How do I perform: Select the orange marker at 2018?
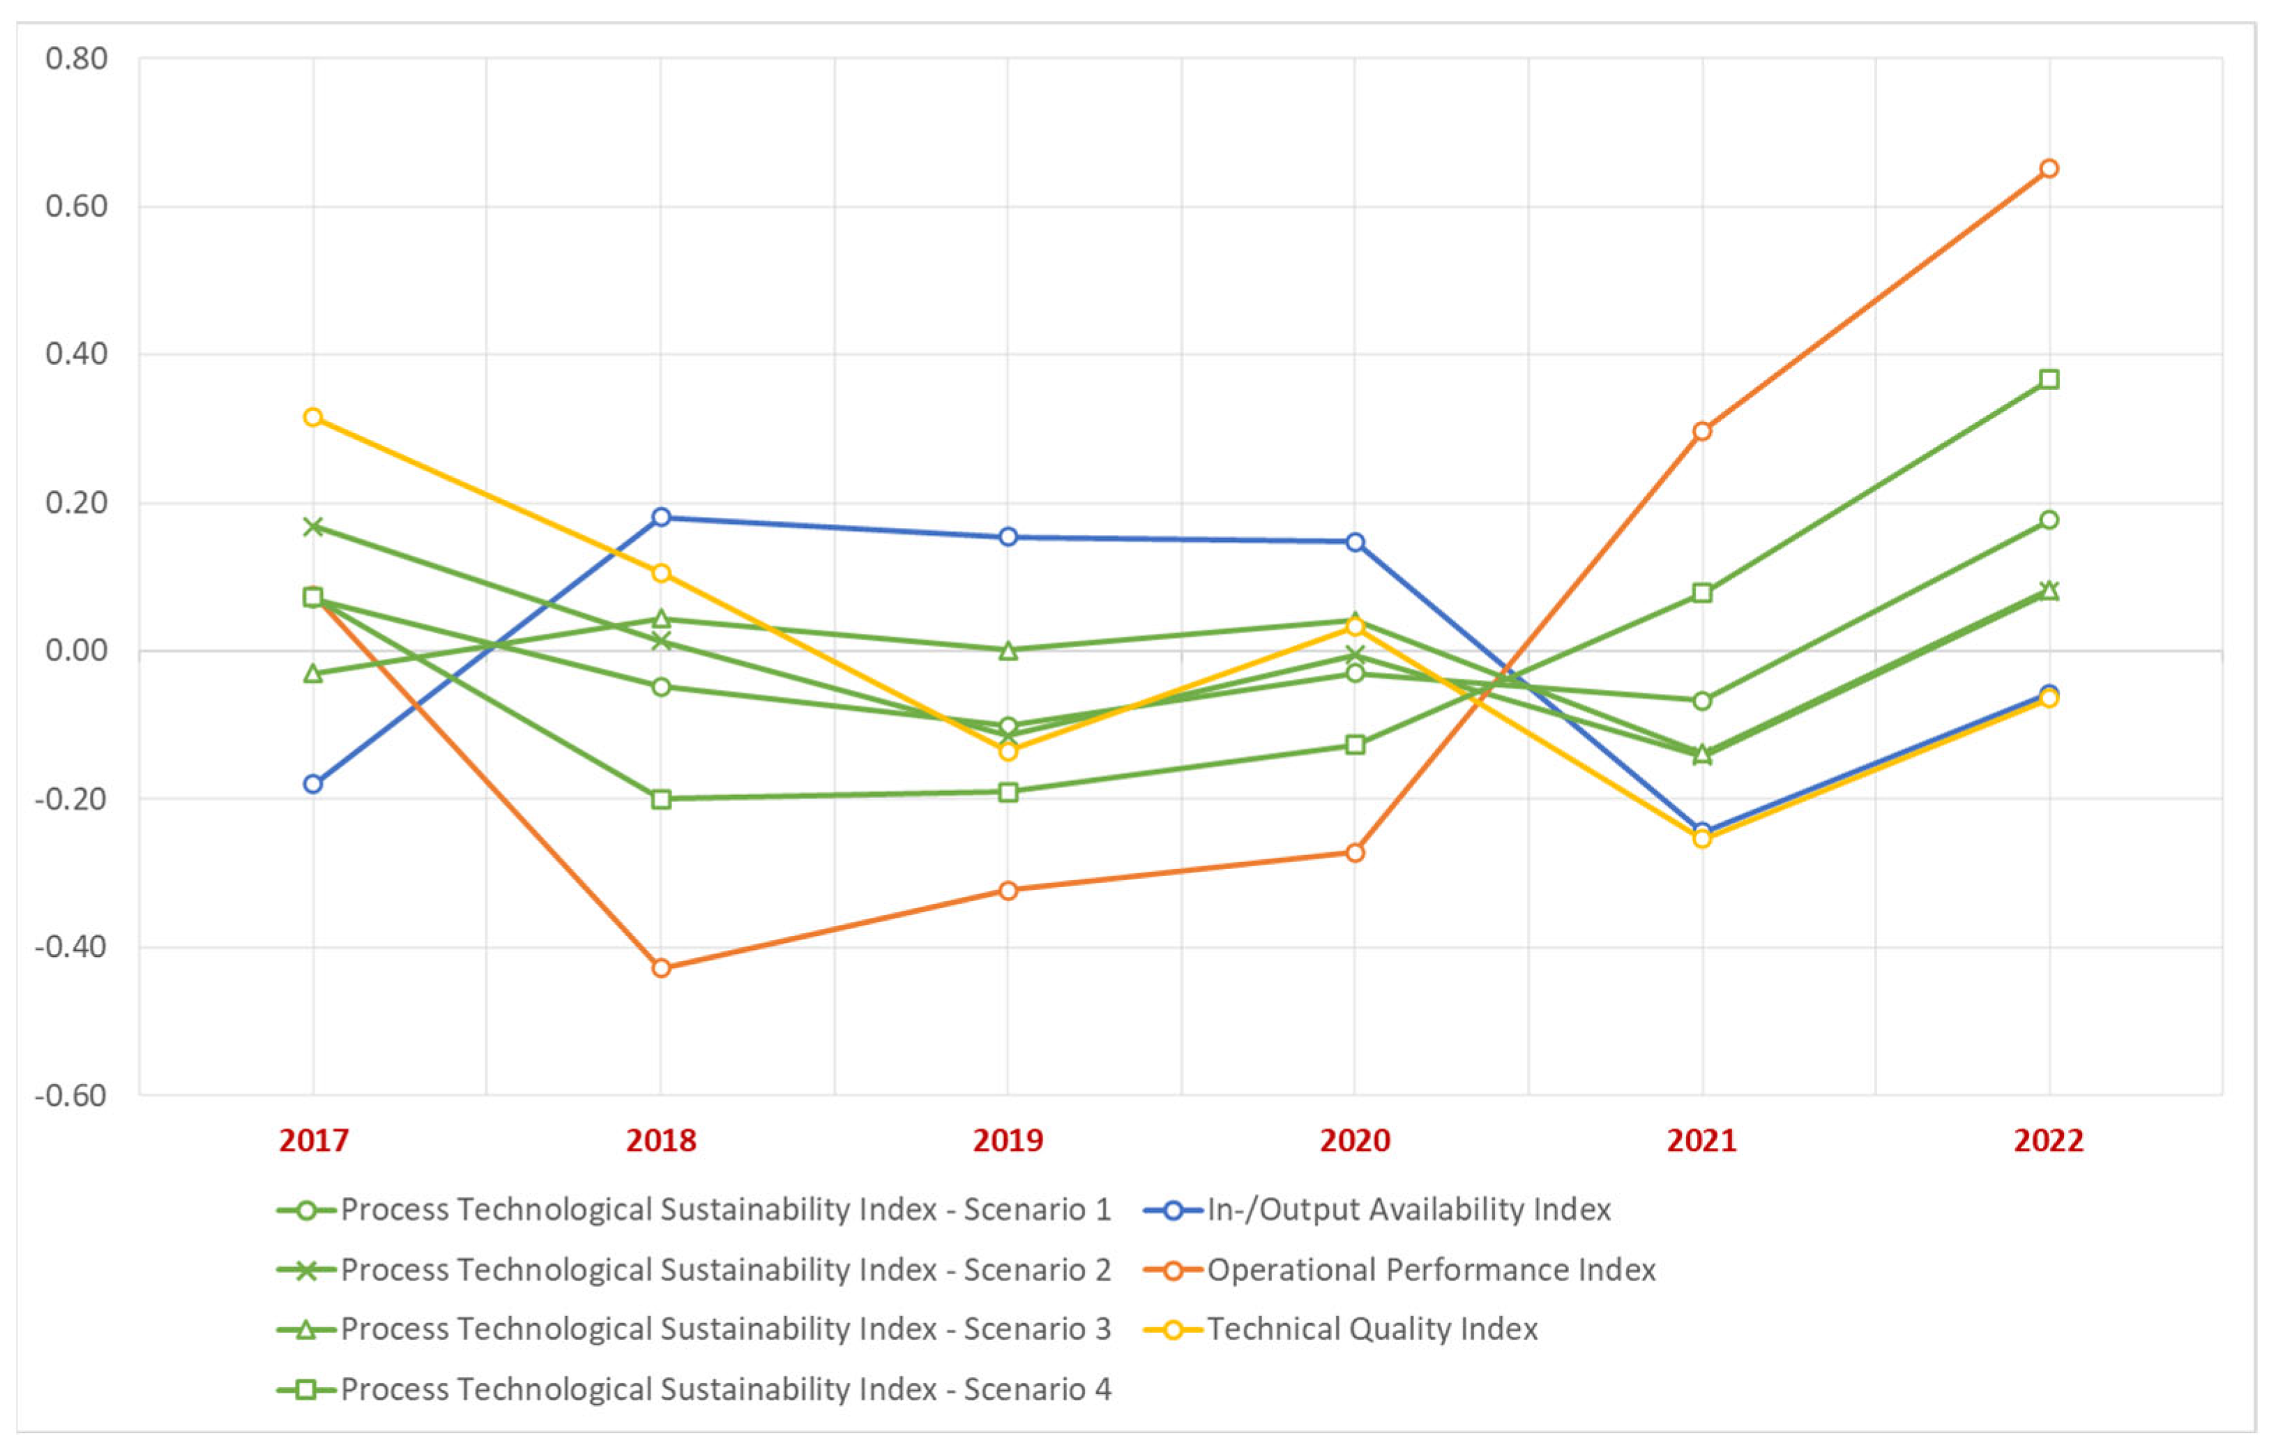pyautogui.click(x=660, y=968)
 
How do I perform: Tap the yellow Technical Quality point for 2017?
pyautogui.click(x=313, y=417)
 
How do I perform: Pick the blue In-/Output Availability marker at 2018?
pyautogui.click(x=660, y=517)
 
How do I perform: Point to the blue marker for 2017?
pyautogui.click(x=313, y=784)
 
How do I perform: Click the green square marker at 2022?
pyautogui.click(x=2048, y=379)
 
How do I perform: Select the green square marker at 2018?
pyautogui.click(x=660, y=799)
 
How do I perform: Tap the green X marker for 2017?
pyautogui.click(x=313, y=527)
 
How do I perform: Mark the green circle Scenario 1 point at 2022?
pyautogui.click(x=2048, y=520)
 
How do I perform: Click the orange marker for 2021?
pyautogui.click(x=1701, y=431)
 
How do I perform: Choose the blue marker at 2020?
pyautogui.click(x=1354, y=542)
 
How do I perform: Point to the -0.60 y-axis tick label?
pyautogui.click(x=71, y=1096)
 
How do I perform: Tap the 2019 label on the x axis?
pyautogui.click(x=1008, y=1141)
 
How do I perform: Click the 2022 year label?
pyautogui.click(x=2048, y=1141)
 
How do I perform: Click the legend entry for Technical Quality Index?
pyautogui.click(x=1370, y=1329)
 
